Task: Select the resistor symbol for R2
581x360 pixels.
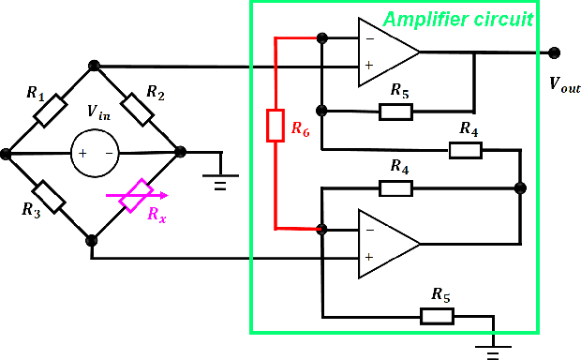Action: coord(138,109)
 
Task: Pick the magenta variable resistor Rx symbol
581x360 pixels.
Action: coord(138,196)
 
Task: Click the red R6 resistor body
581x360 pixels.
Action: coord(275,126)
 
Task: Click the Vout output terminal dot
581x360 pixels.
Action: coord(555,52)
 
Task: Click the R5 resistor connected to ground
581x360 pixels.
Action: coord(437,316)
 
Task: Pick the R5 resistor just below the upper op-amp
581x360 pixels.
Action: coord(395,112)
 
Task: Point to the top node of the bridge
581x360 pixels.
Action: coord(94,66)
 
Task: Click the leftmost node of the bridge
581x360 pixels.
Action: coord(7,153)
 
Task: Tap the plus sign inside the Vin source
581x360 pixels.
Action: coord(82,153)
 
